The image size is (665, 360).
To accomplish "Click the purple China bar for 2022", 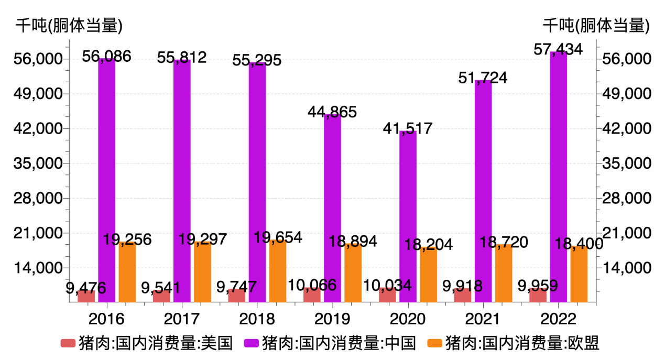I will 558,178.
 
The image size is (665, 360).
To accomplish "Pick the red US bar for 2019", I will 312,295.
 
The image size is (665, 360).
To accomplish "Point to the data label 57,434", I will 558,50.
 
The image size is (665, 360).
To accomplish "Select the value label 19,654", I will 278,237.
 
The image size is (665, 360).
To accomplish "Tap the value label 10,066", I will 312,286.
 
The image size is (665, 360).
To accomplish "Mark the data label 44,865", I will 332,112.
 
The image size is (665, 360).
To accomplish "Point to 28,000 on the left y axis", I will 38,199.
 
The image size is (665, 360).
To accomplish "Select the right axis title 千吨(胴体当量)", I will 596,25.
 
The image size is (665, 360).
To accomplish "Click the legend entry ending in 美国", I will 147,344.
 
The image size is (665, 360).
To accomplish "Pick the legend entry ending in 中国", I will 330,344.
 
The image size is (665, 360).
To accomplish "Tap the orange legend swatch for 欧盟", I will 434,344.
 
